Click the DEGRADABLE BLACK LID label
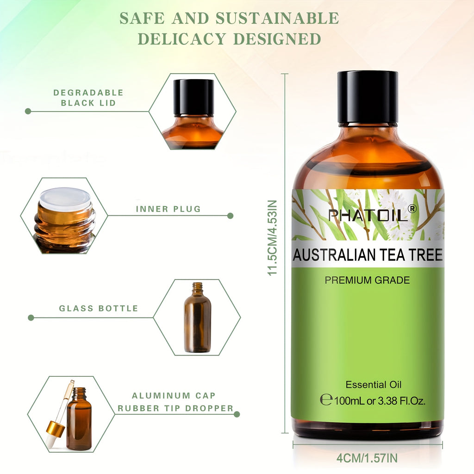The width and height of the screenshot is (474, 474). pos(88,98)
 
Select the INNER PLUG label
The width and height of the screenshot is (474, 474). pos(168,209)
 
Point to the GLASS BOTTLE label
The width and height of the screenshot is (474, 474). pos(99,308)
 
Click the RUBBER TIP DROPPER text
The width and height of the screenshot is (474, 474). pos(175,408)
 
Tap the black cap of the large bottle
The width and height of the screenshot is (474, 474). pos(368,97)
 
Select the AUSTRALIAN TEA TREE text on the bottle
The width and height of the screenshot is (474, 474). pos(368,255)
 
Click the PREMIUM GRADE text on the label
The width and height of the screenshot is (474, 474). pos(367,280)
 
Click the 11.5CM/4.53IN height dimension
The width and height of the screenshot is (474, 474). pos(272,237)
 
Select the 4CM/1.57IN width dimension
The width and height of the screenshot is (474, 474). pos(367,458)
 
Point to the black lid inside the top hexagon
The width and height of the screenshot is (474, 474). pos(193,97)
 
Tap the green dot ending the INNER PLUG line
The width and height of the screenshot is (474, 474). pos(230,216)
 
